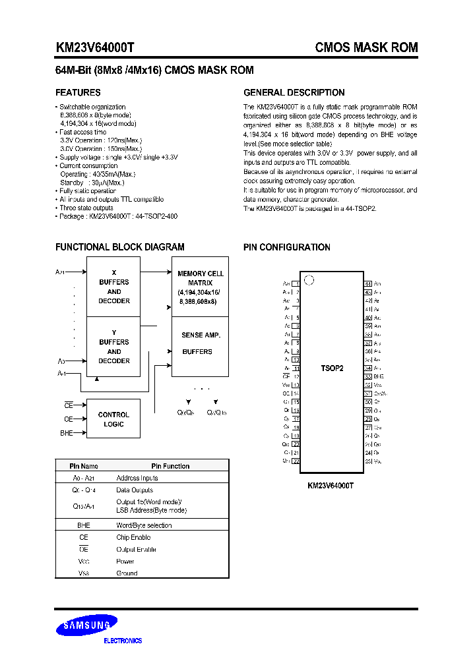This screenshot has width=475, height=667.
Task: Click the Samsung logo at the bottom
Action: pos(86,625)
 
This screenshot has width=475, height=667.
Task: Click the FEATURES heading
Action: pos(78,93)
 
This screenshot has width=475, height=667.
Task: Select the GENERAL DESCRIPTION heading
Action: pos(294,93)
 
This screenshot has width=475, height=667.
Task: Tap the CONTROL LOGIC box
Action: pos(113,419)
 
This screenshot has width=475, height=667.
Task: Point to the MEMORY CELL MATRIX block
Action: pos(200,287)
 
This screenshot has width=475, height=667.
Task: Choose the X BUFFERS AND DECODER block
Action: pos(113,287)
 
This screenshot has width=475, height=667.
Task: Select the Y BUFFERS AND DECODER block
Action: pos(113,347)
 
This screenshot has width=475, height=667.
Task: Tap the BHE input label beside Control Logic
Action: pos(67,433)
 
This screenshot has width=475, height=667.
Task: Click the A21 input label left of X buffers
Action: pos(60,272)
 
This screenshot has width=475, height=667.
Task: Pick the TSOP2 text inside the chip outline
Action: pos(332,368)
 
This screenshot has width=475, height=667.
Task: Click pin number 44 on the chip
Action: pos(368,283)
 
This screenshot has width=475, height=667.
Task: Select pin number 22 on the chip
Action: pos(296,461)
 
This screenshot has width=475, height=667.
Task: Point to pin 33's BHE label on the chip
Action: pos(379,376)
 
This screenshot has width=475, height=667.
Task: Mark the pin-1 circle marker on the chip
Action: pos(308,280)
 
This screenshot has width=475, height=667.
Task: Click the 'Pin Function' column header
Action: pos(170,466)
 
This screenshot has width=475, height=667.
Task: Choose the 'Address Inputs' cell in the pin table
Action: pos(137,478)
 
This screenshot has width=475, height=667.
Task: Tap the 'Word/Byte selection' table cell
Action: pos(144,525)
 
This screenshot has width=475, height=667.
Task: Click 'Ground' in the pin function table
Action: pos(127,573)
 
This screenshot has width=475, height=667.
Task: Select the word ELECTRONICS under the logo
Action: pos(123,641)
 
